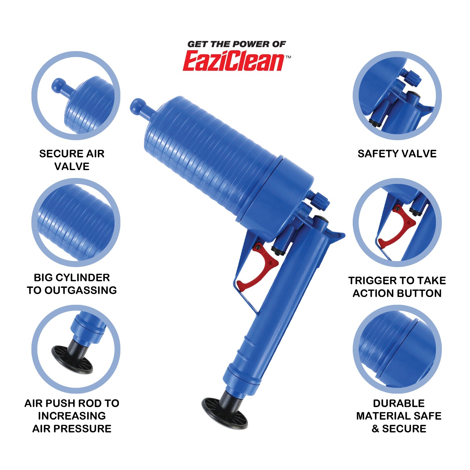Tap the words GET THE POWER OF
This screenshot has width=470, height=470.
236,44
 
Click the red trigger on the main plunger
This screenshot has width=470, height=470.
258,270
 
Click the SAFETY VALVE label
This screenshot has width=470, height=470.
397,154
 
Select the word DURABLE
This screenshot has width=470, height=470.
399,403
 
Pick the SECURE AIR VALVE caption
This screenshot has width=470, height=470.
72,160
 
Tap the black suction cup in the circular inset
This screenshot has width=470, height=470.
72,360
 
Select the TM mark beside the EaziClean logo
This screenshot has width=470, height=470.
288,57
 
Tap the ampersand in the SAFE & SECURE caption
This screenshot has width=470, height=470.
375,429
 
